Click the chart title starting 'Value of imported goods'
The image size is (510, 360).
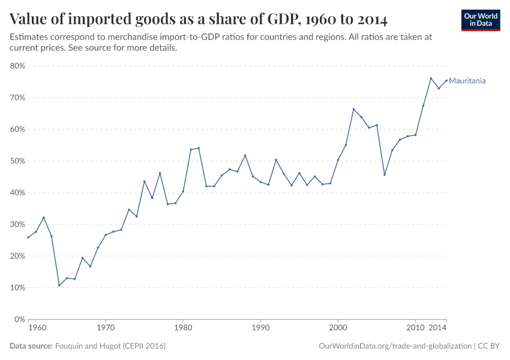click(198, 19)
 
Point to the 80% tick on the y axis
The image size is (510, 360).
click(17, 66)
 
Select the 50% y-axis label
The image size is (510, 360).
click(17, 161)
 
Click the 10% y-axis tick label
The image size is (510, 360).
click(17, 287)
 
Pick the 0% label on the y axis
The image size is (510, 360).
click(19, 319)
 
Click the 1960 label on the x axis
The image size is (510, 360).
click(37, 329)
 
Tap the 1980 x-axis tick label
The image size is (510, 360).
click(183, 329)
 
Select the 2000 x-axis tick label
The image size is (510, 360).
click(338, 329)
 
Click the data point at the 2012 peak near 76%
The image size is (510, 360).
click(431, 78)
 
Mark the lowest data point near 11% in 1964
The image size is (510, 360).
click(59, 285)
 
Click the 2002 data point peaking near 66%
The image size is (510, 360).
click(353, 109)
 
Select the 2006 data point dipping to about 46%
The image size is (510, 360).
click(385, 175)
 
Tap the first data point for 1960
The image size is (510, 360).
click(28, 237)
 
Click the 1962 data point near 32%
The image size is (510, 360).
click(44, 217)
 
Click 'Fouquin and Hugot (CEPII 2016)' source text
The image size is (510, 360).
click(110, 346)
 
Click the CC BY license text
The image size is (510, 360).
click(489, 346)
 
